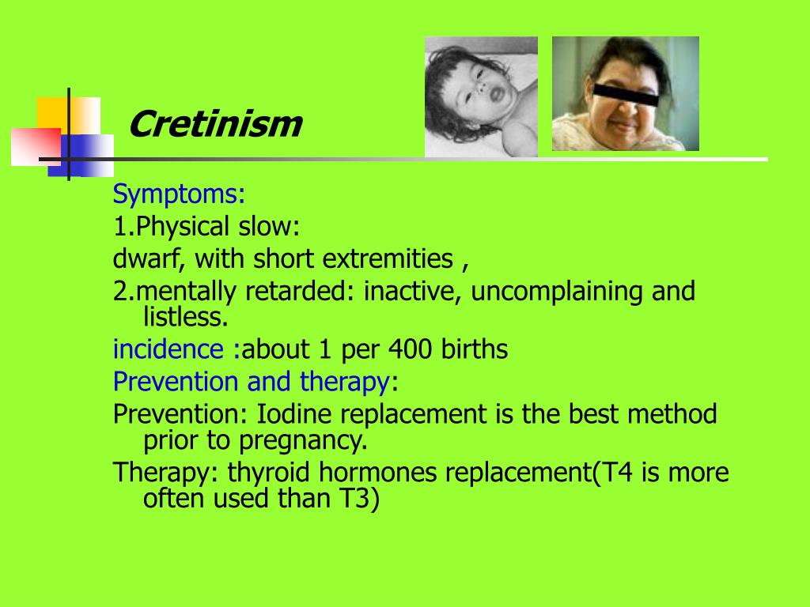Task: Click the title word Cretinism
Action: pyautogui.click(x=214, y=125)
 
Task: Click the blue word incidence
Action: pyautogui.click(x=168, y=349)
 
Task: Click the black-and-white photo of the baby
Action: pyautogui.click(x=481, y=96)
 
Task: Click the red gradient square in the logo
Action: pyautogui.click(x=36, y=147)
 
